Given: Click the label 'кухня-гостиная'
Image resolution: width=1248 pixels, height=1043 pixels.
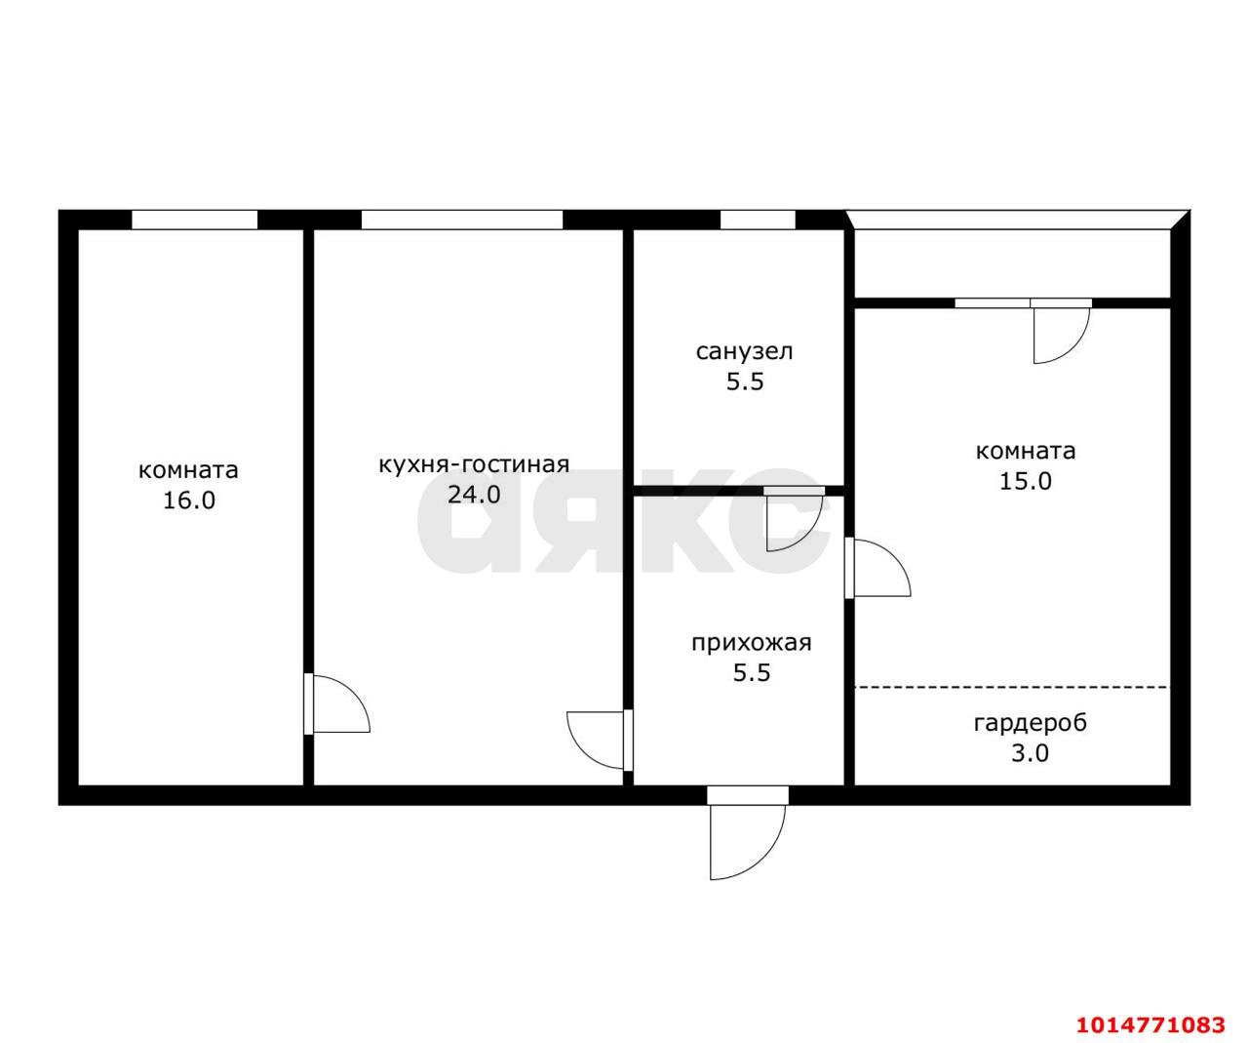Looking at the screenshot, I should point(474,464).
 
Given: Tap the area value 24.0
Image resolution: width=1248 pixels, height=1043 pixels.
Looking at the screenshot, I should point(474,495).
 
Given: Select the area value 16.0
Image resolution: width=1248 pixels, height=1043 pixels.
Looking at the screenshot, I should point(188,501).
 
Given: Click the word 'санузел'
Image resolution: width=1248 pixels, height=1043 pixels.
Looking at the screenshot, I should point(744,351).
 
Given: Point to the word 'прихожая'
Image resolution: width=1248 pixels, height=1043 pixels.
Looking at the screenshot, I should point(751,643).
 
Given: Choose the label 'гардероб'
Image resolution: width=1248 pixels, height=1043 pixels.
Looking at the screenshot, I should point(1030,723).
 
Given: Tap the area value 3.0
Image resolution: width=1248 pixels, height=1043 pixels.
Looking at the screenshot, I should point(1030,753).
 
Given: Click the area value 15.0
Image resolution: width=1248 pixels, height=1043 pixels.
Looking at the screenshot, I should point(1026,481).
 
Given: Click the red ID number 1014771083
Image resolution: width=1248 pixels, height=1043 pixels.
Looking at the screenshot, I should point(1150,1024).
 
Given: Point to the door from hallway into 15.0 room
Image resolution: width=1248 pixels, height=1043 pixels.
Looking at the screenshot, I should point(879,569).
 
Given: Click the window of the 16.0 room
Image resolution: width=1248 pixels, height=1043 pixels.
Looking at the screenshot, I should point(194,220).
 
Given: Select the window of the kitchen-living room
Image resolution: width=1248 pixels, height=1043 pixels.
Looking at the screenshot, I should point(461,220).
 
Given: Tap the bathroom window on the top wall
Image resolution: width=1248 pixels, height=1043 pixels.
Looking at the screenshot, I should point(758,220).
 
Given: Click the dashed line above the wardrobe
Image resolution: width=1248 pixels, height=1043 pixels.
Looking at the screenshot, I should point(1011,688).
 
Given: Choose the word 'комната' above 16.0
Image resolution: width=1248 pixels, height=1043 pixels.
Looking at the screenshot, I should point(188,470).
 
